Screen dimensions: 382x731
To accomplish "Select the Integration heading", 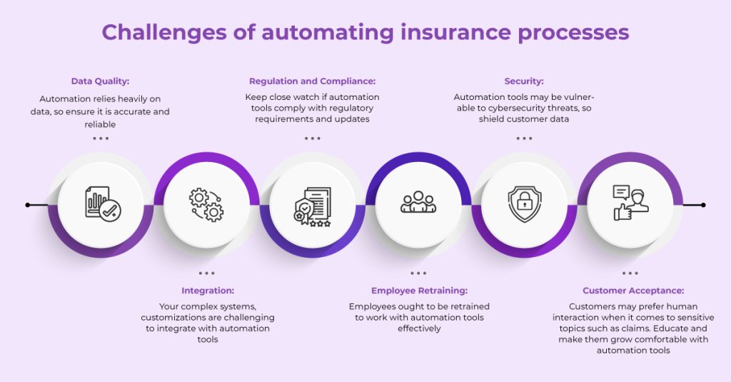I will point(207,291).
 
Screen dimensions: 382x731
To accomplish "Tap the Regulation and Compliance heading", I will point(312,81).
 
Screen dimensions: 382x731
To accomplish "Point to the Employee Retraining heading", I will point(419,291).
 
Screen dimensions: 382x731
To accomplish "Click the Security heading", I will point(524,81).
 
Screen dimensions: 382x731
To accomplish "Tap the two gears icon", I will point(206,204).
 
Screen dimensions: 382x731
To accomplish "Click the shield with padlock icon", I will point(525,204).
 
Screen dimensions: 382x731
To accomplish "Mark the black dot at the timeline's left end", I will point(28,205).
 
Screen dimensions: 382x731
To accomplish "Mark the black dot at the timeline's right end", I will point(703,205).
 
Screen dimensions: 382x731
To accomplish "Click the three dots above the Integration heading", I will point(206,273).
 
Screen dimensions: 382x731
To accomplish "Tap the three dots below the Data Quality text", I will point(101,138).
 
